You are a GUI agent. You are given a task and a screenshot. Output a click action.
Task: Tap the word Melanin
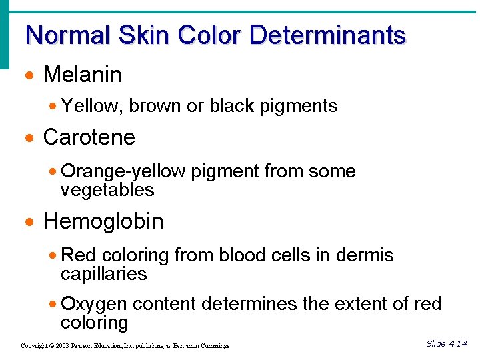click(82, 75)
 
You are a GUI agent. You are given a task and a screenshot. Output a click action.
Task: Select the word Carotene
click(89, 137)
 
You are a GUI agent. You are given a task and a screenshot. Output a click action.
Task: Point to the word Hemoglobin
click(103, 221)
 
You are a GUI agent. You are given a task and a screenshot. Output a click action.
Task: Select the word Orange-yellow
click(123, 171)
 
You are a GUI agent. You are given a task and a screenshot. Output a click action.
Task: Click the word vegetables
click(107, 190)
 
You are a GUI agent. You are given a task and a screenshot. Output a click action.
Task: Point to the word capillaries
click(103, 274)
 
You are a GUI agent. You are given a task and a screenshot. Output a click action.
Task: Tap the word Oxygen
click(94, 305)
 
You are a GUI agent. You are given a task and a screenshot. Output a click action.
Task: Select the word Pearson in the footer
click(88, 346)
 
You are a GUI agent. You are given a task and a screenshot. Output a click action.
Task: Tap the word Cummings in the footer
click(214, 346)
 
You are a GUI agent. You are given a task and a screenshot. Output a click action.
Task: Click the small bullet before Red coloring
click(54, 256)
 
